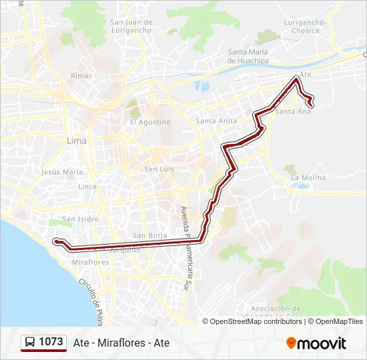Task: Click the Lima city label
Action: click(77, 141)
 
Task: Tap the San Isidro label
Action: click(80, 219)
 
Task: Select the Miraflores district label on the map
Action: click(89, 262)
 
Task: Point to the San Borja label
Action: click(149, 235)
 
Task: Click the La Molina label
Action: click(308, 177)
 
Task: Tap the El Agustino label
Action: click(150, 122)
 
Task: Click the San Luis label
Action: click(159, 169)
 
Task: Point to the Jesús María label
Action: click(62, 171)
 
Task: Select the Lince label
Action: click(87, 187)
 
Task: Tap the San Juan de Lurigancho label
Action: click(131, 26)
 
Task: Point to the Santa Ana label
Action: click(293, 111)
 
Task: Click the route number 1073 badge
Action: click(44, 342)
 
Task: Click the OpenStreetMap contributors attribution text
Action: click(256, 321)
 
